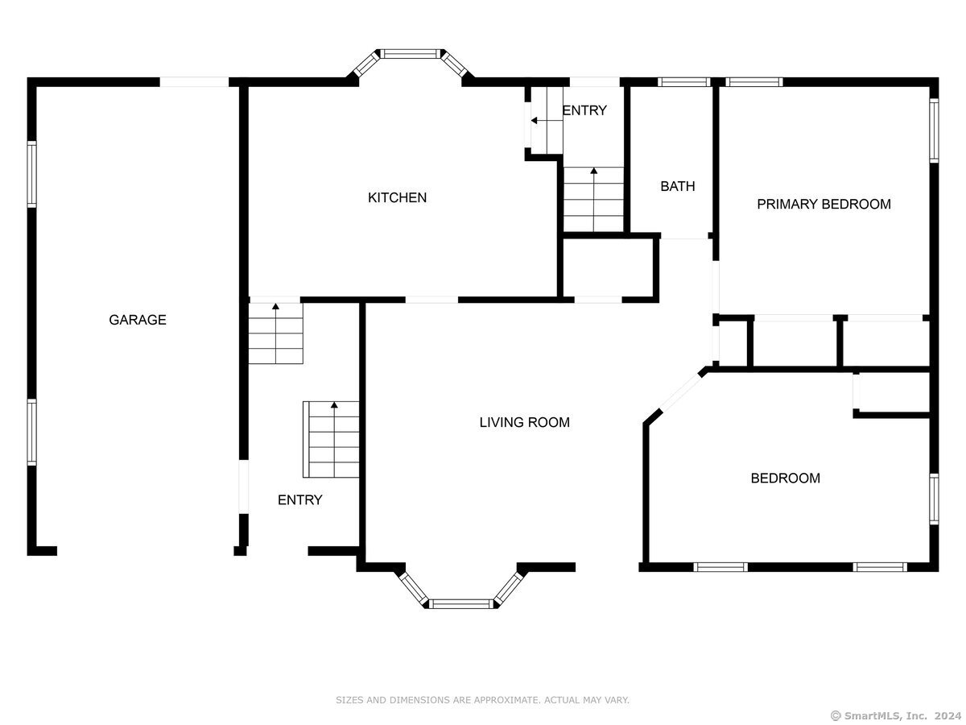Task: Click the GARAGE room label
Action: tap(138, 320)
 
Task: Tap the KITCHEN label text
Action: tap(397, 197)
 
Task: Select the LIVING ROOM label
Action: tap(524, 422)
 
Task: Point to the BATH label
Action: tap(677, 186)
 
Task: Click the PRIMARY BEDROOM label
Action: tap(824, 204)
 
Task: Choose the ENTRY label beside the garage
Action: tap(299, 499)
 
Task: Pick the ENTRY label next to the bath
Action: tap(584, 110)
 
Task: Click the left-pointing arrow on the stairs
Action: tap(547, 121)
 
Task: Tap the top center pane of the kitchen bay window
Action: tap(411, 54)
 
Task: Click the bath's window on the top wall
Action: tap(683, 82)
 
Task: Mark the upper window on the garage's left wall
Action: tap(31, 174)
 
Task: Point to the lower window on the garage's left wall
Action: tap(31, 432)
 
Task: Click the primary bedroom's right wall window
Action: tap(934, 130)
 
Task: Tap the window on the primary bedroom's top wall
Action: tap(753, 82)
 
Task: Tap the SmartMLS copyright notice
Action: tap(896, 715)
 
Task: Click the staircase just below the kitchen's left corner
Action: tap(276, 333)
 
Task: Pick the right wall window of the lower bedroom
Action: tap(934, 499)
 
